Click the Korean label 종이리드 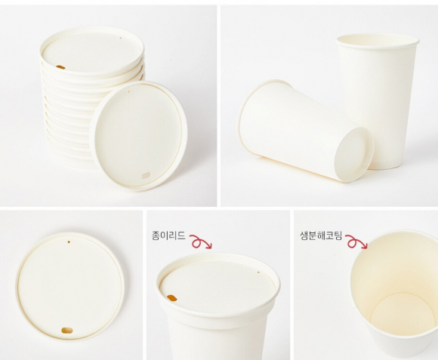(168, 235)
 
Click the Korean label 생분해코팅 (321, 235)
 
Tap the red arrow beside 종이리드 (201, 242)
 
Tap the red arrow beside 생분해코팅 (356, 242)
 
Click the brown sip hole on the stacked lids (60, 67)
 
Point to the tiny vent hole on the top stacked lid (121, 38)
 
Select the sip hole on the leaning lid (146, 176)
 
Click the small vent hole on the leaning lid (129, 91)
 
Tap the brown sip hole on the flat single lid (67, 331)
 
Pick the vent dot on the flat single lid (69, 242)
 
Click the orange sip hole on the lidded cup (171, 298)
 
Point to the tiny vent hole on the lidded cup (258, 272)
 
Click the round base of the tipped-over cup (353, 154)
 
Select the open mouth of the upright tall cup (378, 41)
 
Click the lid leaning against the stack (139, 136)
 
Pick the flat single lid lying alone (69, 287)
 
